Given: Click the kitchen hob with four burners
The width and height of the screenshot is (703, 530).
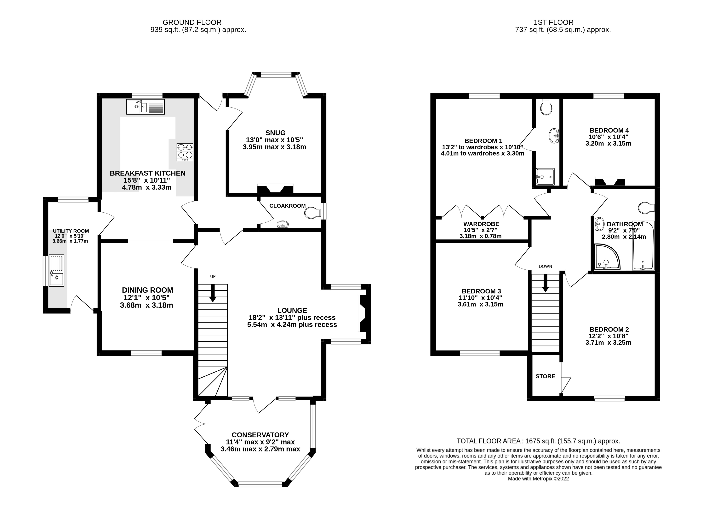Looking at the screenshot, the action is tap(185, 152).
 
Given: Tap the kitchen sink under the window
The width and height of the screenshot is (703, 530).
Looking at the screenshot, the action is tap(146, 107).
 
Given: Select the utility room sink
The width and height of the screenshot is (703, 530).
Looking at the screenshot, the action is tap(56, 270).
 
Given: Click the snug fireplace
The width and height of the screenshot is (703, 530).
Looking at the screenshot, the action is tap(275, 189).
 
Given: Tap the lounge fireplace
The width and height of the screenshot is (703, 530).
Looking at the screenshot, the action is tap(362, 313).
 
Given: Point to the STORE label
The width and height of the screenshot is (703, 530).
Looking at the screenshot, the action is tap(545, 376).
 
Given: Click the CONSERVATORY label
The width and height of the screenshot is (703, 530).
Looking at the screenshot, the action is tap(260, 435).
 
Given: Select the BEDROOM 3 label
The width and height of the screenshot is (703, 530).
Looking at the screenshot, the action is tap(481, 291).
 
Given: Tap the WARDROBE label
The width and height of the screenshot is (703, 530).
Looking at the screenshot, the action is tap(481, 224).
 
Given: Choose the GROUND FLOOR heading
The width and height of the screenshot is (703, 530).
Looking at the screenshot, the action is tap(192, 22).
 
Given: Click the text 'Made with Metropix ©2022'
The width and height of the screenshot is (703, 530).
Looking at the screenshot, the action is tap(538, 487).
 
